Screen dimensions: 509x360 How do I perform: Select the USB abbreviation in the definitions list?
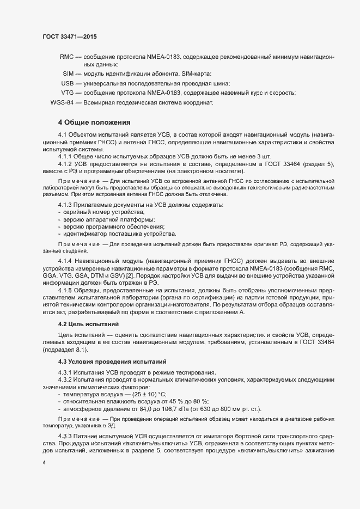67,83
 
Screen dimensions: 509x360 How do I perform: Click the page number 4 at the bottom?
45,463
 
